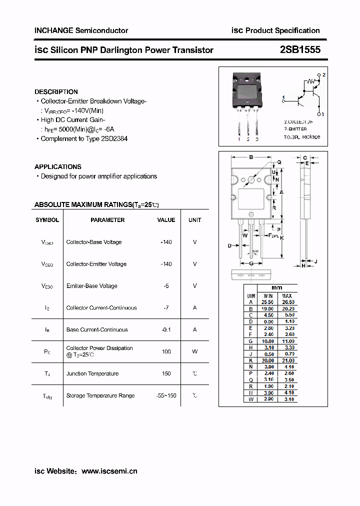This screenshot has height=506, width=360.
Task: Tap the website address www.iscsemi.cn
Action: pos(109,470)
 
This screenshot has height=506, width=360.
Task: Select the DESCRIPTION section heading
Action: pos(56,91)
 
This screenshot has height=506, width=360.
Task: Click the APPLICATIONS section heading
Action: pos(58,166)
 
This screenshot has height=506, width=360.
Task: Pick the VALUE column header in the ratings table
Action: pos(166,220)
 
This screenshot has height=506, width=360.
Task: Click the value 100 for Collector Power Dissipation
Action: pos(166,351)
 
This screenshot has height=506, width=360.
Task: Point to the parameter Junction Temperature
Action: pos(92,373)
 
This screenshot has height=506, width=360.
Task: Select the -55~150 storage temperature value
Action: pos(166,395)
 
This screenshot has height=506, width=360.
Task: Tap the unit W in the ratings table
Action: pos(194,351)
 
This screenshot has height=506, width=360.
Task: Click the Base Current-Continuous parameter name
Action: pos(97,329)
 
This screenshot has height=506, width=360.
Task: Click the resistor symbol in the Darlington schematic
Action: pos(311,81)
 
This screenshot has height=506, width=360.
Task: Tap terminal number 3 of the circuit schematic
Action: pos(322,114)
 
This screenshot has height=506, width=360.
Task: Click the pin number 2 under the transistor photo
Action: pos(248,139)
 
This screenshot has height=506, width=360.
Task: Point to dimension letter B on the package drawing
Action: pos(250,157)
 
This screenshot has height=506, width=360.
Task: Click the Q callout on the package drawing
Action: pos(279,162)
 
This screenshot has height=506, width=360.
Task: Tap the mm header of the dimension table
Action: pos(277,287)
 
